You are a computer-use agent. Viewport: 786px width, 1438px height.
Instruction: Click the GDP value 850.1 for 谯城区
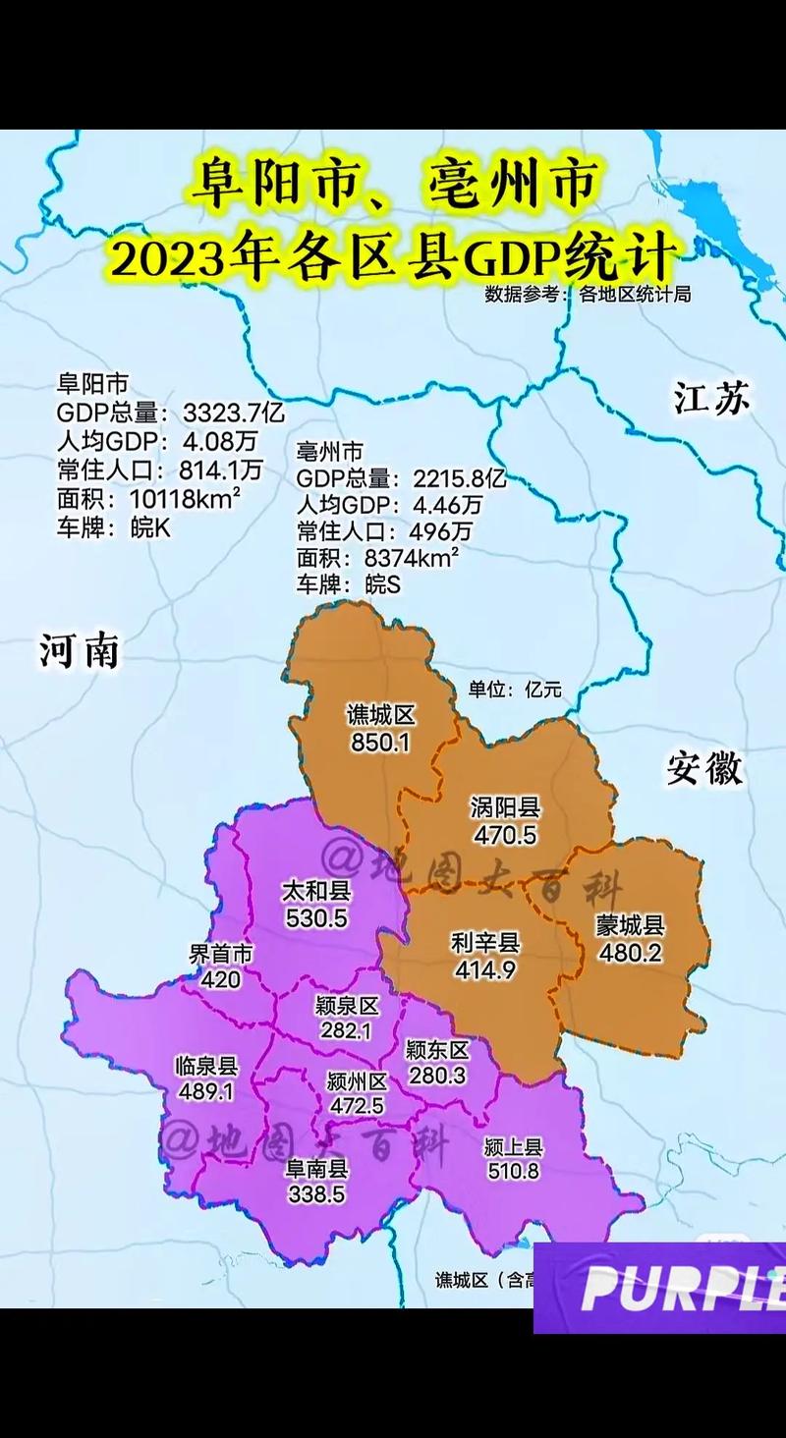tap(379, 743)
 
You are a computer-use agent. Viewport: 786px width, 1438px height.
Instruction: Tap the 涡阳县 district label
tap(506, 808)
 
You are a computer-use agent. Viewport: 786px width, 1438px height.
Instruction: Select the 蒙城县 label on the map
tap(631, 925)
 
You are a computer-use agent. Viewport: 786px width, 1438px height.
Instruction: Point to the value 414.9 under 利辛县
tap(485, 969)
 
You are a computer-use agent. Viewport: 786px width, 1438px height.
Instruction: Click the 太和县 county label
tap(315, 892)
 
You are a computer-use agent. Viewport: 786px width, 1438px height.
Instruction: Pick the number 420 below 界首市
tap(220, 979)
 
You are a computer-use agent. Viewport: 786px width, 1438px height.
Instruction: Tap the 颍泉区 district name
tap(347, 1006)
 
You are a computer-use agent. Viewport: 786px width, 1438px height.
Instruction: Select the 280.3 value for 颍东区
tap(436, 1076)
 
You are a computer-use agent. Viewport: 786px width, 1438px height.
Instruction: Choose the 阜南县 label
tap(316, 1169)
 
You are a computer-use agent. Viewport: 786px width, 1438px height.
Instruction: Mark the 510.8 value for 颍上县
tap(513, 1171)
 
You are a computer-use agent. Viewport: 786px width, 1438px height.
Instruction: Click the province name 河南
tap(80, 649)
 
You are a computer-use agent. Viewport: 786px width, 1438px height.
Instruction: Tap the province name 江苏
tap(711, 398)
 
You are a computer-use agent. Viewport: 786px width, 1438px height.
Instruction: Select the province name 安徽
tap(704, 768)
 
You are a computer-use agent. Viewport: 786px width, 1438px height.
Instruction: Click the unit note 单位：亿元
tap(515, 689)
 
